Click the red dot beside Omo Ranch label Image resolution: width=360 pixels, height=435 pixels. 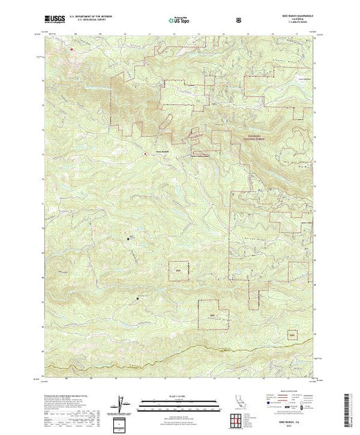point(145,153)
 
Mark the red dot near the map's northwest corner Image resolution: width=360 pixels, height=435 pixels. point(70,48)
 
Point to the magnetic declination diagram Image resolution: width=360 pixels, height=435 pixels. point(122,403)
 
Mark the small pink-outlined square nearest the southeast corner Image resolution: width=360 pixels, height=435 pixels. point(292,335)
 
